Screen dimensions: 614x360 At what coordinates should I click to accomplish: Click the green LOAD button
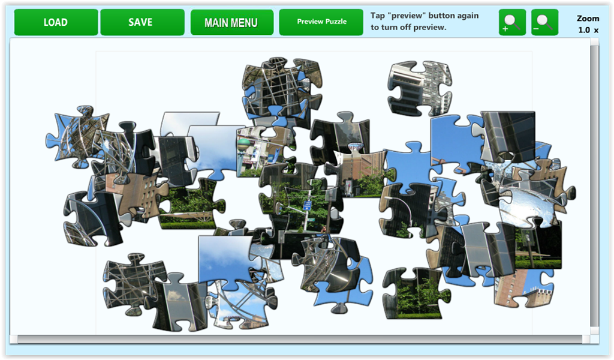56,22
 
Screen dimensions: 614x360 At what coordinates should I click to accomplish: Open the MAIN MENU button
232,22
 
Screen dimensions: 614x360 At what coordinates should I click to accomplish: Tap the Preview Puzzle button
321,22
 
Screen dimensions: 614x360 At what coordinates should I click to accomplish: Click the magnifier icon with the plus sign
512,22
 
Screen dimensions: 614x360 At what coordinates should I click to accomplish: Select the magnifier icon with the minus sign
544,22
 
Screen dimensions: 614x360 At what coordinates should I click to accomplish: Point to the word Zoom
588,18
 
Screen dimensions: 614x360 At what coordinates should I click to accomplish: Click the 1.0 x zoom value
588,30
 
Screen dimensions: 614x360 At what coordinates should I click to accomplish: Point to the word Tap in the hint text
378,16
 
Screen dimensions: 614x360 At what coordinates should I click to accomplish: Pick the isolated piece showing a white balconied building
419,88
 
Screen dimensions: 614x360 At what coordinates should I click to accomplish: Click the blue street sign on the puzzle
308,205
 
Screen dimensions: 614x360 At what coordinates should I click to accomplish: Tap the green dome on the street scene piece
243,142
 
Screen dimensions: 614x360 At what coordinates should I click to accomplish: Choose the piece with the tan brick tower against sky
523,288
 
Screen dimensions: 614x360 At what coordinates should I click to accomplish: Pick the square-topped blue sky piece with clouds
226,259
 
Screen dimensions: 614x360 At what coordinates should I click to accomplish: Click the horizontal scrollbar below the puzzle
300,339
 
